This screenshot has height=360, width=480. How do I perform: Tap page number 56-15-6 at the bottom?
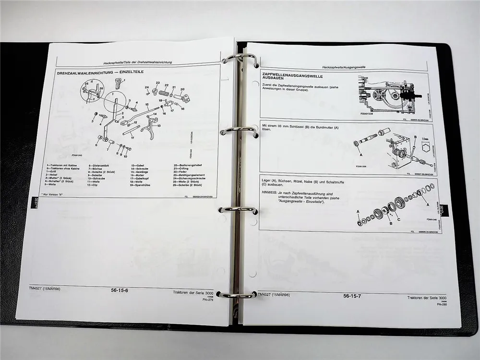tap(119, 290)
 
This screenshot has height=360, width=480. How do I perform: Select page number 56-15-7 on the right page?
tap(352, 296)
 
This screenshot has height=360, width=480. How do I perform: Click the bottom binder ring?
tap(237, 294)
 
